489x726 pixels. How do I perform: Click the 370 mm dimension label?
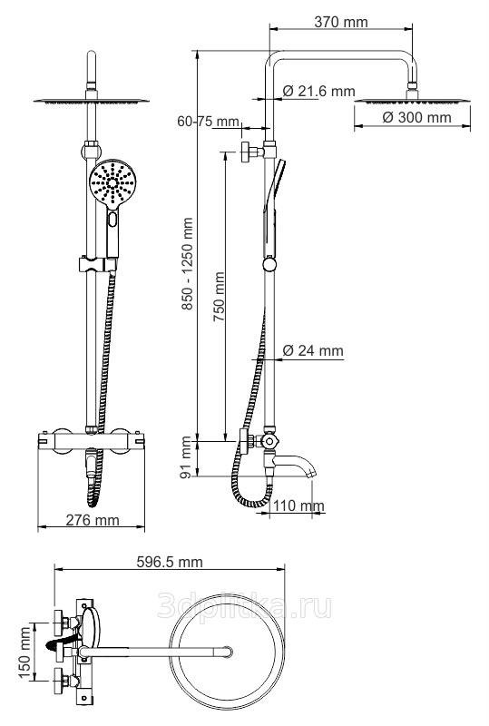[341, 21]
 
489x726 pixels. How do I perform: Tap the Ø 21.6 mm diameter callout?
[318, 91]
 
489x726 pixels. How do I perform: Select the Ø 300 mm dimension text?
[416, 117]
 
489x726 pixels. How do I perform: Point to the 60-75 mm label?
[209, 122]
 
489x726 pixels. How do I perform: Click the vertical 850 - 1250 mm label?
[187, 264]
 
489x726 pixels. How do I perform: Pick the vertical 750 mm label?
[219, 297]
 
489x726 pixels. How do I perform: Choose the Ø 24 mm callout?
[313, 350]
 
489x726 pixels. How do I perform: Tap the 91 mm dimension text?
[186, 457]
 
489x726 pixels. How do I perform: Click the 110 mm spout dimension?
[298, 505]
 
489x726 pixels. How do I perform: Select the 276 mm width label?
[93, 520]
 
